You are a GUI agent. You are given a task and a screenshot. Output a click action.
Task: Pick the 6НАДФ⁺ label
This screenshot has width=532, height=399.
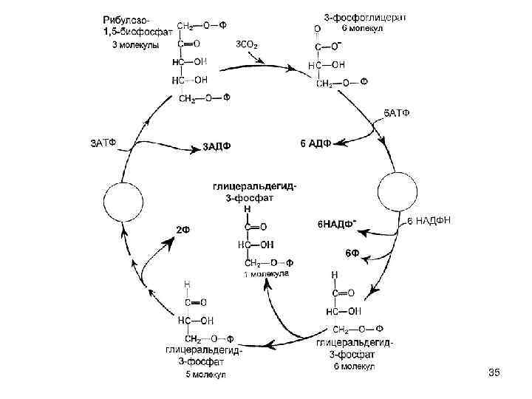[336, 222]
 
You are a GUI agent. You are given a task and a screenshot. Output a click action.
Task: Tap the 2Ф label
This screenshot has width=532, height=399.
[183, 229]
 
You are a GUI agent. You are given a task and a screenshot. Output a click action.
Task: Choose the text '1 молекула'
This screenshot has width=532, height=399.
[267, 275]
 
